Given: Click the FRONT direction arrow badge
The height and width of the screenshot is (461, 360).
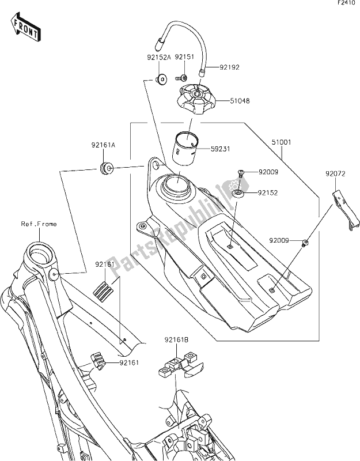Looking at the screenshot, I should pos(25,27).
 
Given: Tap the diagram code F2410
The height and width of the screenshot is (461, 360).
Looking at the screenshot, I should pos(345,4).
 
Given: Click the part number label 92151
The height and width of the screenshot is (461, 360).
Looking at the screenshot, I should pos(184,58).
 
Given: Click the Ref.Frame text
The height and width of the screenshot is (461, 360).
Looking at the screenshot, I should pos(39,224).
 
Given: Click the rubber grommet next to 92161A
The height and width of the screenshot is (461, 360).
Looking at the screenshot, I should pos(107,169).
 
